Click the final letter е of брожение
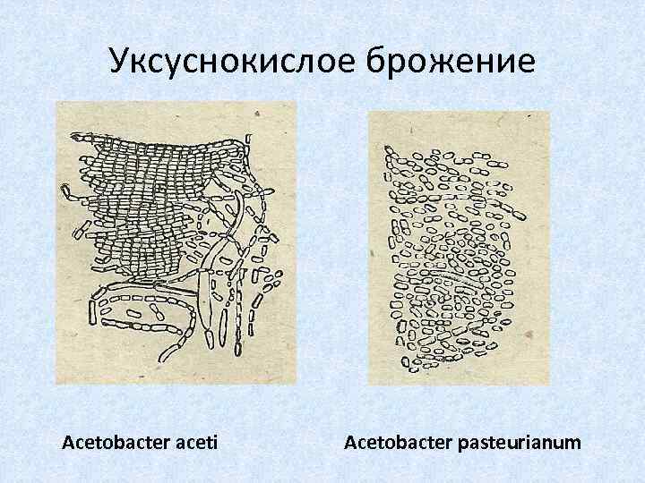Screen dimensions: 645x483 tap(524, 63)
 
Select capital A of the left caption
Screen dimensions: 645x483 tap(67, 442)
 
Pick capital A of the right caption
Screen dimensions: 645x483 tap(349, 442)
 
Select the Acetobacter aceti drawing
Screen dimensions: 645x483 tap(176, 241)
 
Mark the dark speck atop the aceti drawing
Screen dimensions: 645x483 tap(256, 114)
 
